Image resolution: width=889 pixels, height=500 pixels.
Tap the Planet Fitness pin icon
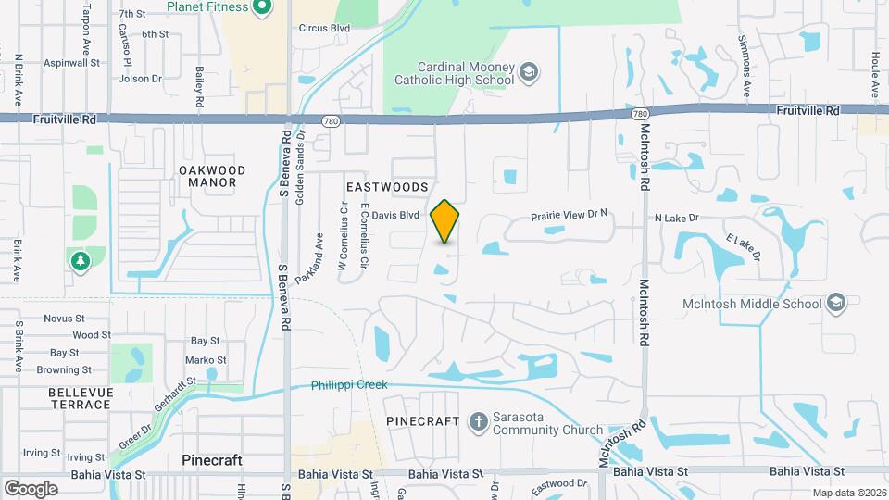(261, 8)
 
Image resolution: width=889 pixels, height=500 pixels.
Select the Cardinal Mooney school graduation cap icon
(528, 73)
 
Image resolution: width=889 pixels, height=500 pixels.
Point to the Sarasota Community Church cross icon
(478, 422)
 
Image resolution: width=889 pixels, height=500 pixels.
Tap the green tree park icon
(81, 261)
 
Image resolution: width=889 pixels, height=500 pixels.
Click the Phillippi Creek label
(349, 384)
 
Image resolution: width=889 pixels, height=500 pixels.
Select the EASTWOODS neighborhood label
(387, 187)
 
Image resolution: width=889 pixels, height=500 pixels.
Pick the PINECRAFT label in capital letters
(422, 421)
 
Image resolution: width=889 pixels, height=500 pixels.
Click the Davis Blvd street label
(397, 215)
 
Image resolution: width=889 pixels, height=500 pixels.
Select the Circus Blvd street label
(324, 28)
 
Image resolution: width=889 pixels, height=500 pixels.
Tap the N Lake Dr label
(675, 219)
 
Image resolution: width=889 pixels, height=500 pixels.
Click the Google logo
(31, 488)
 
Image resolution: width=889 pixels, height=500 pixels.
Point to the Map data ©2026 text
(848, 493)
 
